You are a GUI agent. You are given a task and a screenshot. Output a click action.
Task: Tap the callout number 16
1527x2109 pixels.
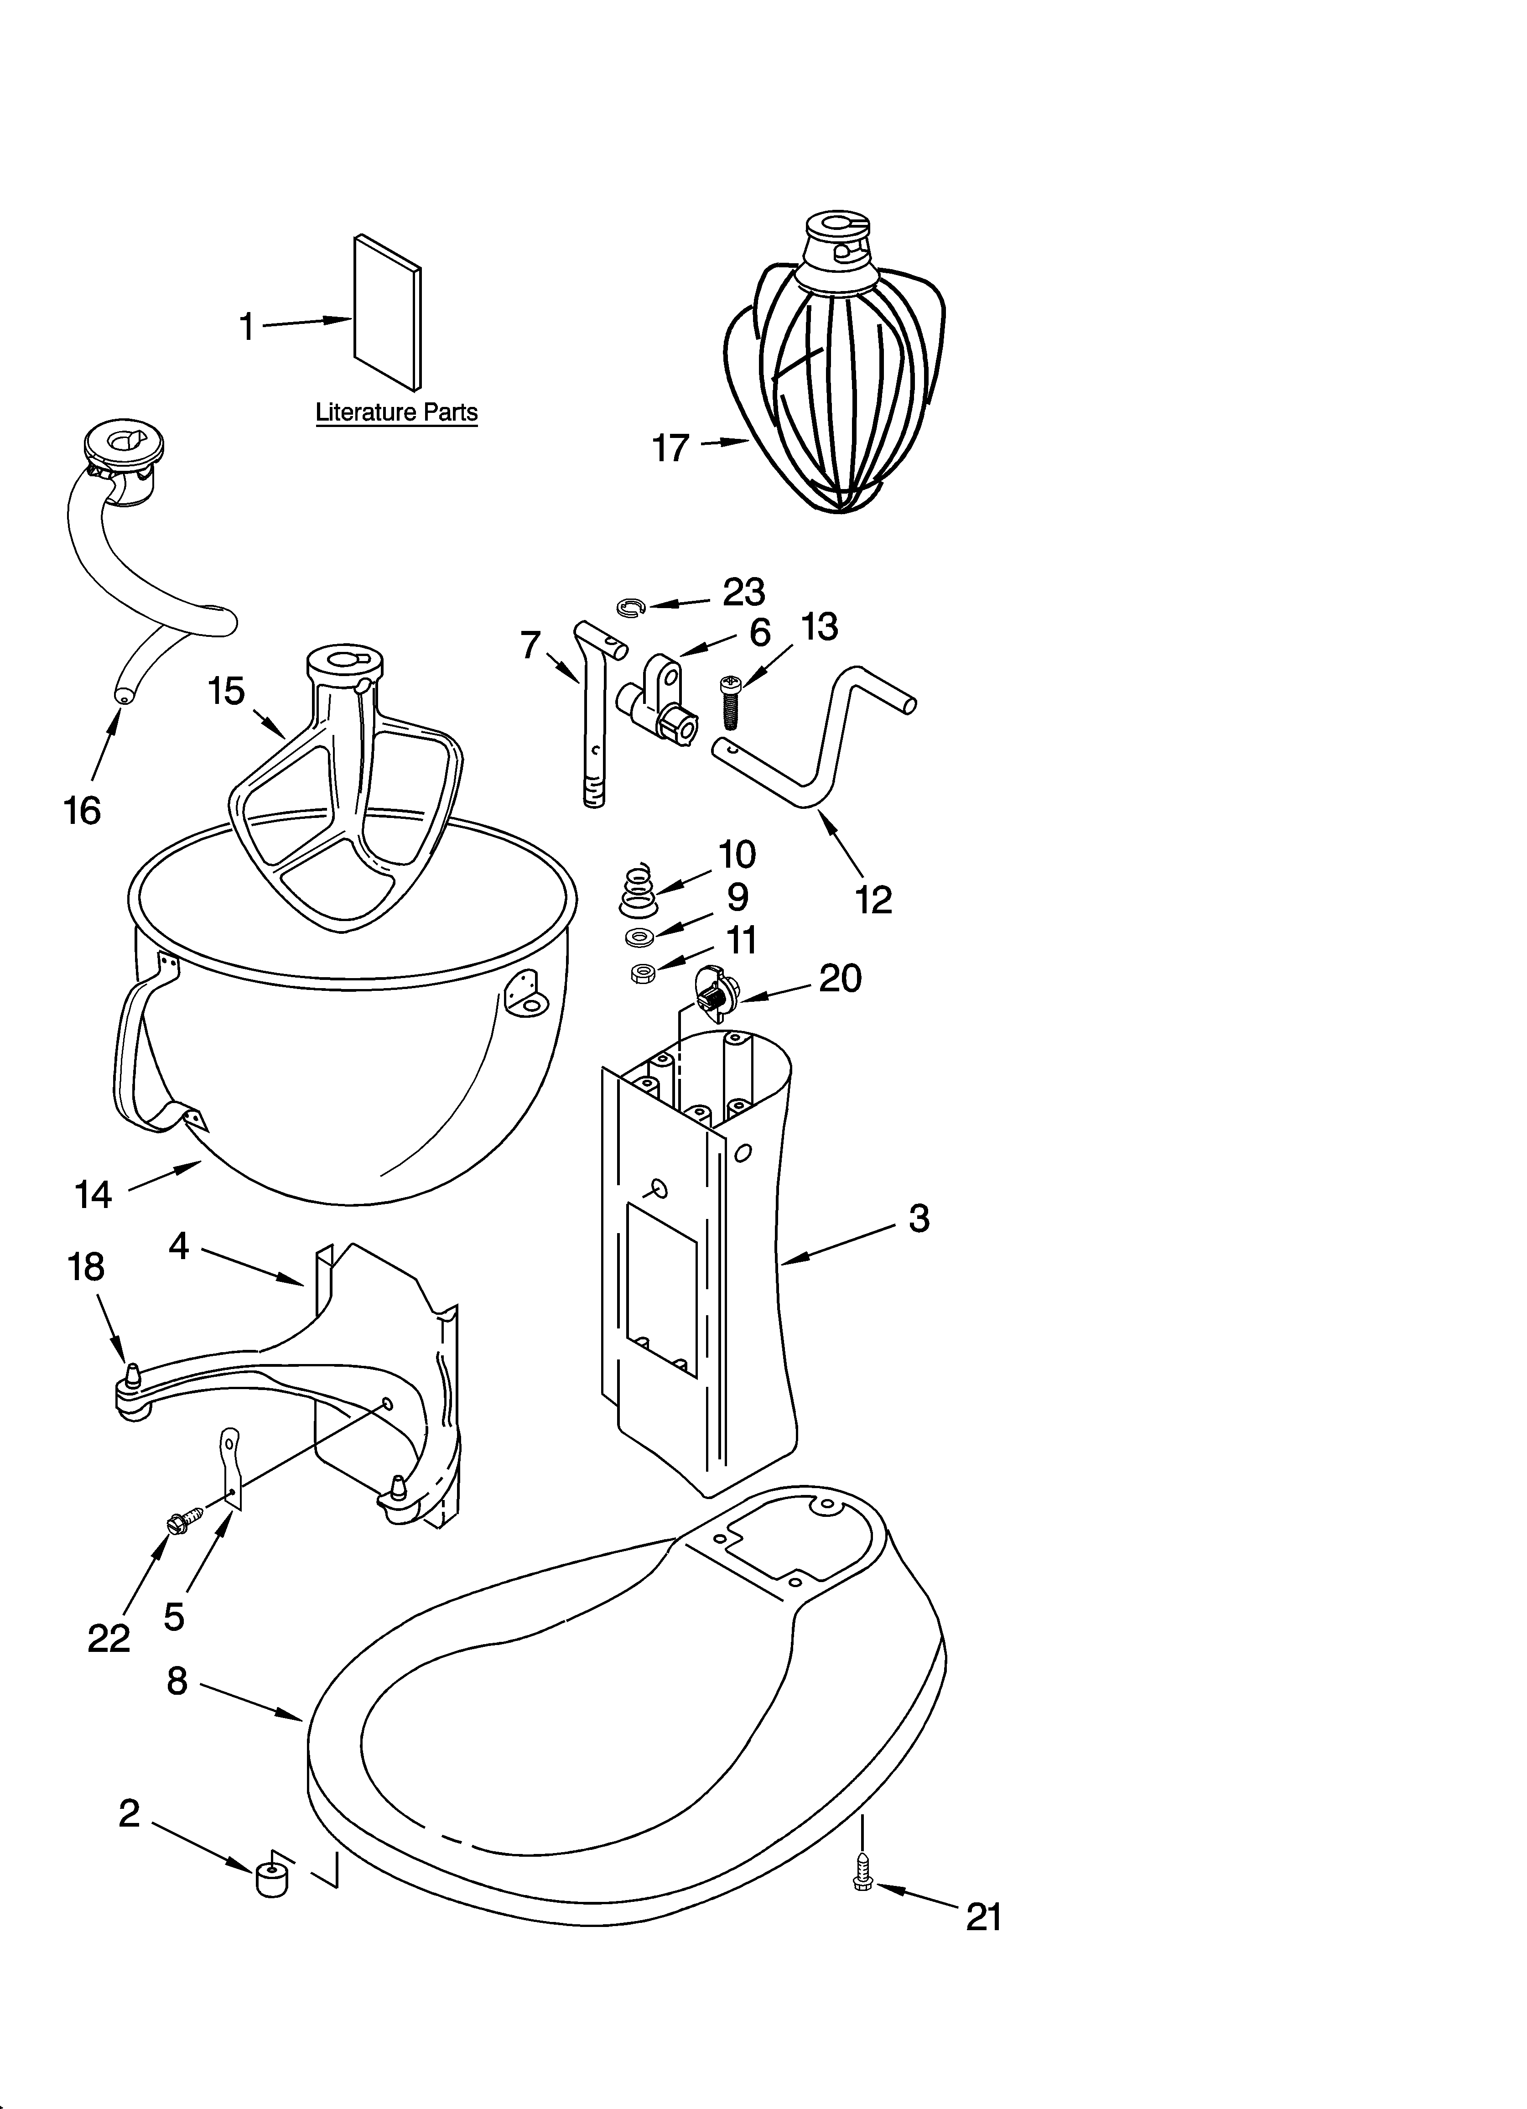(82, 811)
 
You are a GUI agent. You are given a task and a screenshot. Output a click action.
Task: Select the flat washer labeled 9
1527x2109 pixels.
(639, 935)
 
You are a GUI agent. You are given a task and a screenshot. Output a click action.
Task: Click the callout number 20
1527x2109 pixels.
(840, 978)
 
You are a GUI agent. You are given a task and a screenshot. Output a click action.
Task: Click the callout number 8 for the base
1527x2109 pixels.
(177, 1680)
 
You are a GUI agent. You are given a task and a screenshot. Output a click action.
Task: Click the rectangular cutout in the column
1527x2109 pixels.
(661, 1288)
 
